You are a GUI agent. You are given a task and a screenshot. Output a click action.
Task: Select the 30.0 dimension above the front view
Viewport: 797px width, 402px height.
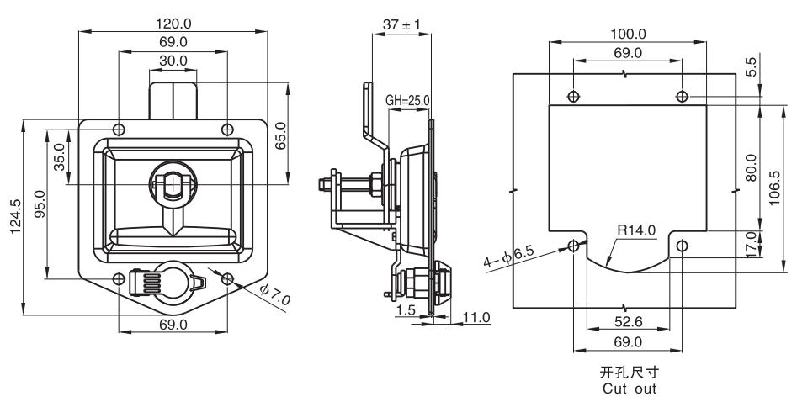(x=173, y=61)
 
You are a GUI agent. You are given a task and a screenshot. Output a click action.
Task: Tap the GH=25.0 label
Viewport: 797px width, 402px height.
(x=407, y=101)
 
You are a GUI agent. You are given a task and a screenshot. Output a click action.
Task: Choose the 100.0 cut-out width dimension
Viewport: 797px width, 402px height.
(x=628, y=34)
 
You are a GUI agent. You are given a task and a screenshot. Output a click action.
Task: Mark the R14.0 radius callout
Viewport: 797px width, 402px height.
(x=635, y=228)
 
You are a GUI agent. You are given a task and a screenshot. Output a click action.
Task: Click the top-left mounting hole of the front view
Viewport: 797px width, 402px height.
(x=119, y=129)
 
